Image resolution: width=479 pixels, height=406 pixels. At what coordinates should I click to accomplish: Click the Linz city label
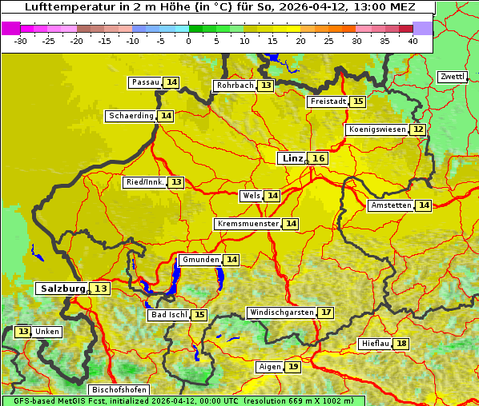click(292, 158)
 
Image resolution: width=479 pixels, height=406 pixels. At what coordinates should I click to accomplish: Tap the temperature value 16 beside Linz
click(319, 158)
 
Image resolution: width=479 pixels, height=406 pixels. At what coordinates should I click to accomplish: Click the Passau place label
click(146, 82)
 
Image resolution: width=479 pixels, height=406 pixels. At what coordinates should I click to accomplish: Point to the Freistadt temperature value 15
click(357, 101)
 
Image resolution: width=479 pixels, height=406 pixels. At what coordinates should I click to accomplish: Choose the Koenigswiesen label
click(376, 129)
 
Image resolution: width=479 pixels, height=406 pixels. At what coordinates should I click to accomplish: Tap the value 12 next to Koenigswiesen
click(418, 129)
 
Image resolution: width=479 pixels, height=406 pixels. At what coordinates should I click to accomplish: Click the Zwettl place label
click(452, 77)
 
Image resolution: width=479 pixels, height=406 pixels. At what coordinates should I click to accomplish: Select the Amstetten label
click(391, 205)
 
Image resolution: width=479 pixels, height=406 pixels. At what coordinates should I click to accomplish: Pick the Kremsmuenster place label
click(248, 224)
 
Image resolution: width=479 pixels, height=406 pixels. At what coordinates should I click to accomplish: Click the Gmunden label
click(199, 260)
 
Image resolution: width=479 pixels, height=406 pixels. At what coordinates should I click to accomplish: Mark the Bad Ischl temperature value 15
click(199, 315)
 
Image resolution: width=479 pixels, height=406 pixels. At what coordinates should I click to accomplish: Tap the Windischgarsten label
click(281, 312)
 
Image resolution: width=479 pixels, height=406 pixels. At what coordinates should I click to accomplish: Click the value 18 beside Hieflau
click(401, 344)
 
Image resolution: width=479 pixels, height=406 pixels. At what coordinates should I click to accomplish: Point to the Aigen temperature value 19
click(293, 367)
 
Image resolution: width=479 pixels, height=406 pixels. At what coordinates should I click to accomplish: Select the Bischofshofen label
click(119, 390)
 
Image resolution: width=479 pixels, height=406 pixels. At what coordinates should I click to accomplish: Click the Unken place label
click(47, 332)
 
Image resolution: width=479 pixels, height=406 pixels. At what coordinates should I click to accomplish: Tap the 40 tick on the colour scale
click(413, 40)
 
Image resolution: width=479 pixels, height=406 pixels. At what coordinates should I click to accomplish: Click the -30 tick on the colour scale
click(21, 40)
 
